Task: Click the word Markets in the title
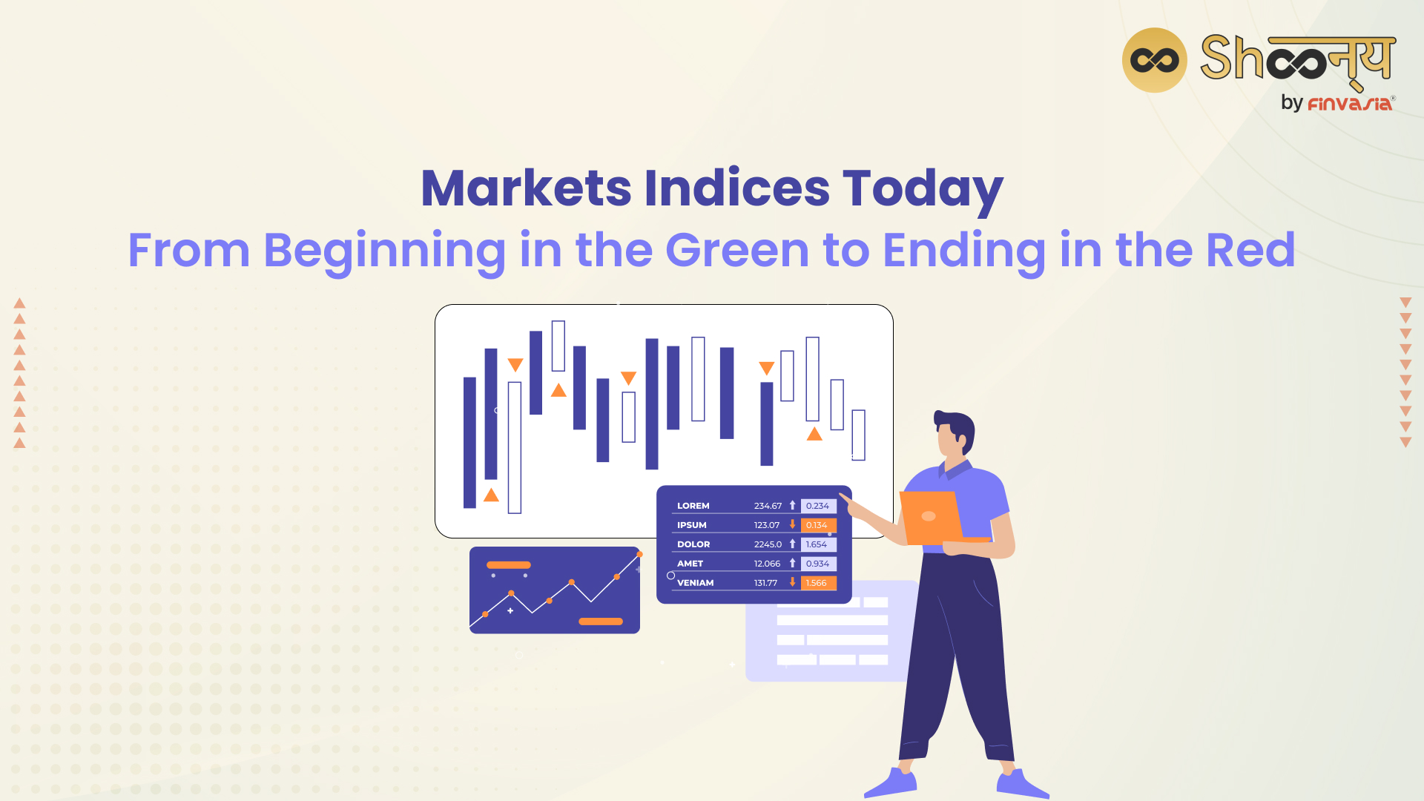pos(526,188)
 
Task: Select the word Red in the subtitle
pos(1250,250)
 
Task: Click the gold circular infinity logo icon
pos(1155,60)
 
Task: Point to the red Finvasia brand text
pos(1350,104)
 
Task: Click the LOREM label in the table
pos(693,506)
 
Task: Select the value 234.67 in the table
pos(768,506)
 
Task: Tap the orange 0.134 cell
pos(818,525)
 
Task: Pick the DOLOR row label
pos(693,544)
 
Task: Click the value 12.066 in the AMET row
pos(767,564)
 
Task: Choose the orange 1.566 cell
pos(818,583)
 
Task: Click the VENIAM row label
pos(695,583)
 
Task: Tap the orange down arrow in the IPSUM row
pos(792,524)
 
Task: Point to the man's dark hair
pos(957,426)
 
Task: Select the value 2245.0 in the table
pos(768,544)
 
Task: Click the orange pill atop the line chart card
pos(509,565)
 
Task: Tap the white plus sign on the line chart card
pos(510,611)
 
